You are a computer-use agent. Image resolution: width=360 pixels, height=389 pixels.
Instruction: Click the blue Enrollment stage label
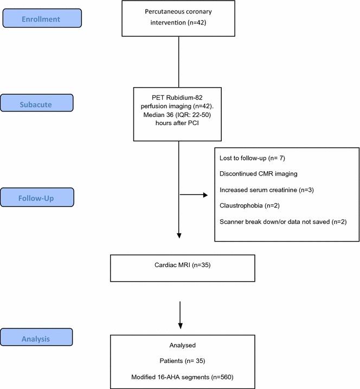(42, 19)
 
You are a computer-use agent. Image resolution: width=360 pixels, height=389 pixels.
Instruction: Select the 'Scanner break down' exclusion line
(283, 222)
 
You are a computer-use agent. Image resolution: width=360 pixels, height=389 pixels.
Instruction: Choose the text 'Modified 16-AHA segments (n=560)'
(182, 375)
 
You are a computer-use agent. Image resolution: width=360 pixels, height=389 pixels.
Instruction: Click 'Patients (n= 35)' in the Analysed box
(182, 360)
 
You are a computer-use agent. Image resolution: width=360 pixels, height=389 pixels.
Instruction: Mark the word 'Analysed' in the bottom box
(182, 345)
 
